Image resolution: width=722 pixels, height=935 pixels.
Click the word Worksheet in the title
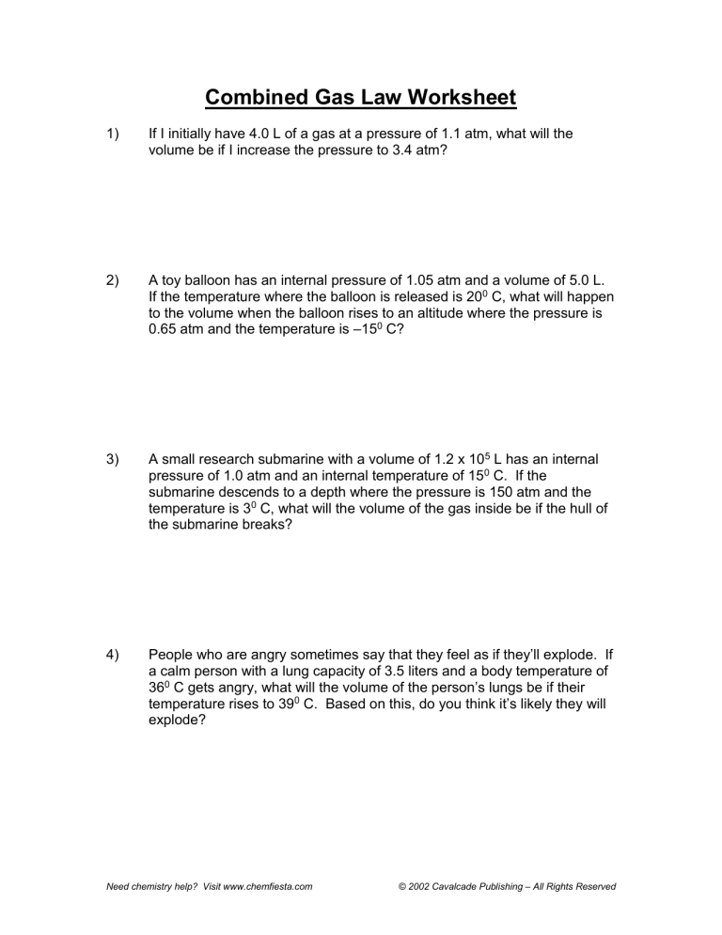click(460, 98)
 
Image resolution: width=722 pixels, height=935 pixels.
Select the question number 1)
click(112, 135)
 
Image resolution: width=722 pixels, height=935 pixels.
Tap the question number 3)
click(112, 460)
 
